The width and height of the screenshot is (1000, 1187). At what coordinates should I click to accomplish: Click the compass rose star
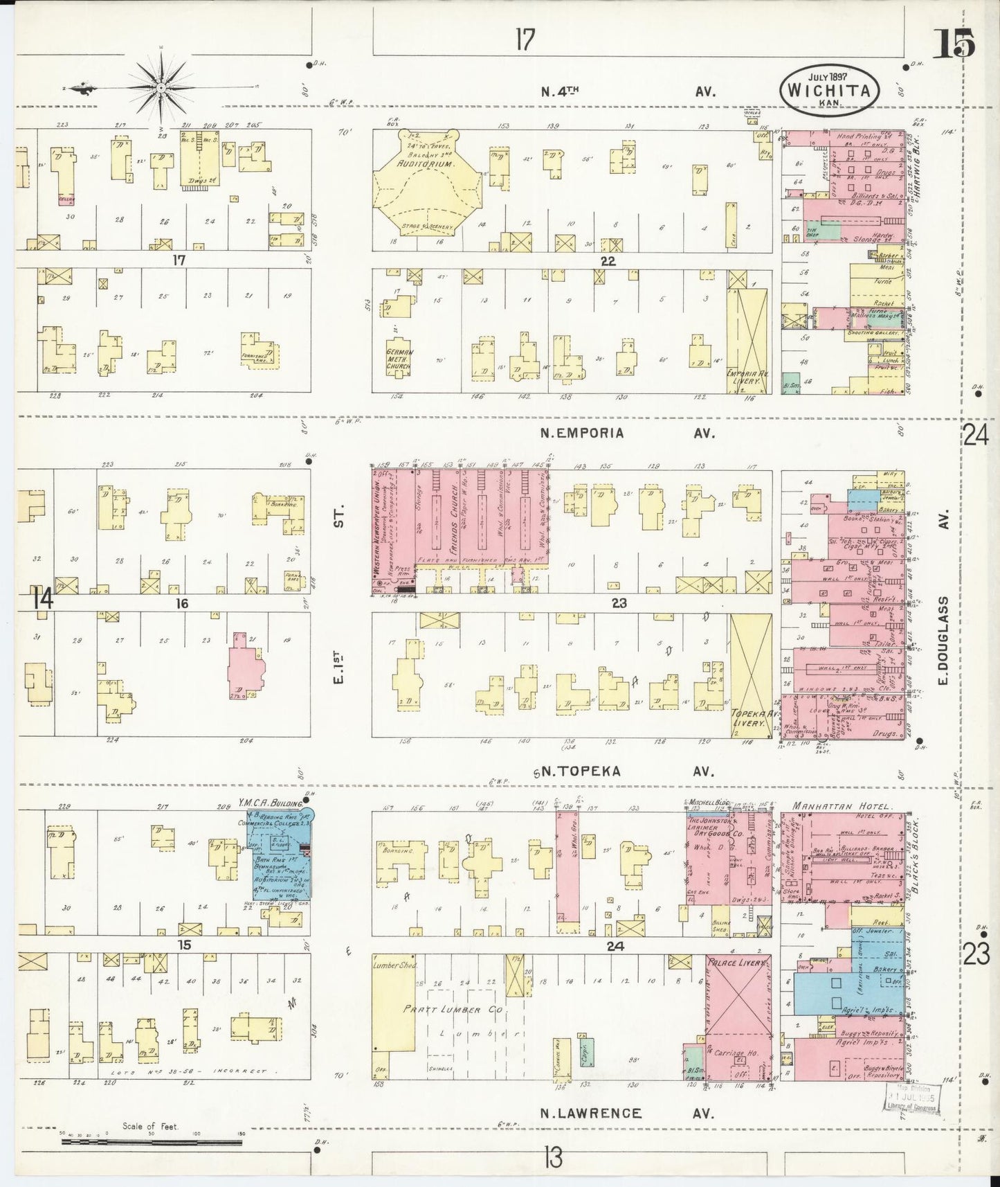(161, 88)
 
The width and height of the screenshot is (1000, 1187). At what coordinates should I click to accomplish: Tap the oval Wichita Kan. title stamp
(829, 89)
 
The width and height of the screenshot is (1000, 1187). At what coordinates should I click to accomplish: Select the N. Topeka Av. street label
(625, 771)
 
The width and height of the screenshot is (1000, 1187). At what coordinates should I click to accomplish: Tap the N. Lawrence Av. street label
(626, 1114)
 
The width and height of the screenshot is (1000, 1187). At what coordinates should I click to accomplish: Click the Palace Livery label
(738, 963)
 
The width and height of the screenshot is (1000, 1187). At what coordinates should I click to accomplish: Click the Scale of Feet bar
(151, 1140)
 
